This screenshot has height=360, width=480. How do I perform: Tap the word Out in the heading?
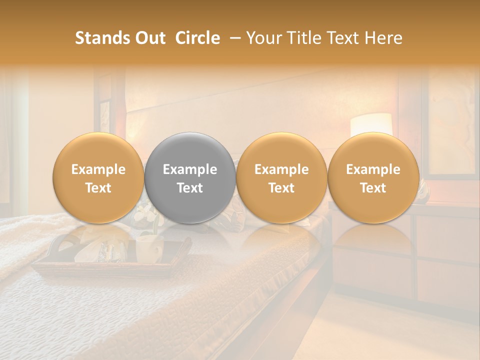click(149, 38)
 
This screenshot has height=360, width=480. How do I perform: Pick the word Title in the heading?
click(306, 38)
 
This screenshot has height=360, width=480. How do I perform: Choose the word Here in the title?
click(384, 38)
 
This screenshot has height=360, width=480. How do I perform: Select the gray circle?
click(190, 178)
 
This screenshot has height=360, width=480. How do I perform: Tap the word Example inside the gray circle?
click(190, 169)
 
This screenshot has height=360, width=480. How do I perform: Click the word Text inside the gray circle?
click(190, 188)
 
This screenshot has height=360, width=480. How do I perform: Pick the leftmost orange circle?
click(98, 178)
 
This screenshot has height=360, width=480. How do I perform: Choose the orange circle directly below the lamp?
click(373, 178)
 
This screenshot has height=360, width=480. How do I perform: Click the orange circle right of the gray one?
click(281, 178)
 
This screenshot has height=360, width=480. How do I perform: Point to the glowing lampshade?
click(371, 124)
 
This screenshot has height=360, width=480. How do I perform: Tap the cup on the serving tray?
click(149, 248)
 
